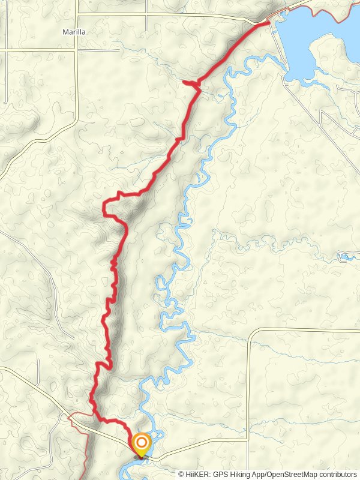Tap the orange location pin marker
142,445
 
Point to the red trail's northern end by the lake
267,23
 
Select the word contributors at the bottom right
338,474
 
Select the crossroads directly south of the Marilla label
76,50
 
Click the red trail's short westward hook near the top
187,83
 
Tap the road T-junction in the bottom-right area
247,440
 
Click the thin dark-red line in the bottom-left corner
84,444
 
